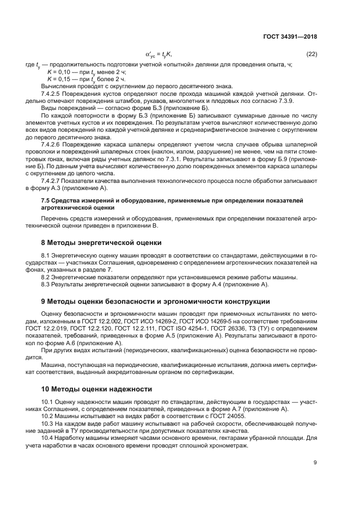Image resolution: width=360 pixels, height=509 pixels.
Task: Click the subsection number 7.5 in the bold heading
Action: (46, 201)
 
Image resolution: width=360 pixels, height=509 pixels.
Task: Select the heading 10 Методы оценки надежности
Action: (98, 389)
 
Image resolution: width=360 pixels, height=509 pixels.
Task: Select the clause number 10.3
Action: (47, 422)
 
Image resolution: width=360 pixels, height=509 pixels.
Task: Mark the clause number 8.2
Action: (46, 277)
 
